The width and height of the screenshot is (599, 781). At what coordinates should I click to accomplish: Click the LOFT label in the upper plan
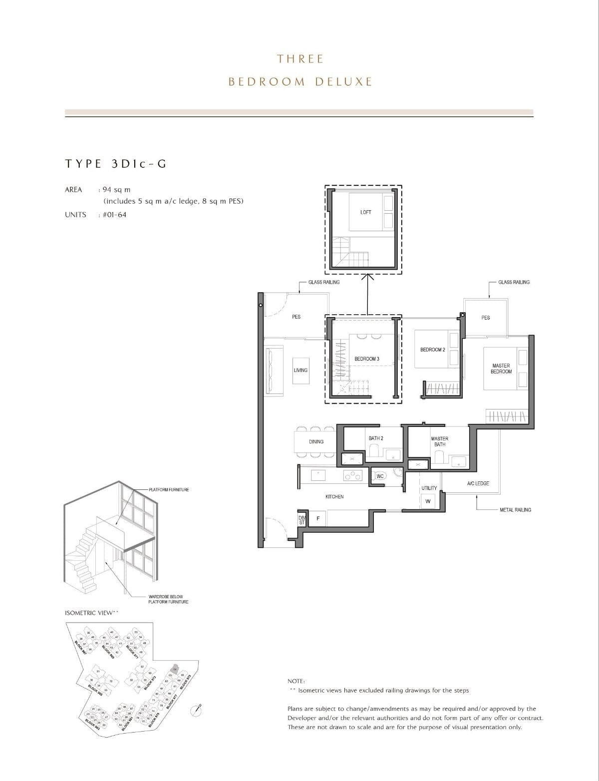(x=365, y=212)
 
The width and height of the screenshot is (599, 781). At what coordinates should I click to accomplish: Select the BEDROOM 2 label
(x=432, y=350)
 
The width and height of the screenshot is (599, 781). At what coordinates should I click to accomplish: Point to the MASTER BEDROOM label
(x=501, y=369)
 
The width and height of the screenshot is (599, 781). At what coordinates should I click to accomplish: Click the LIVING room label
(x=300, y=370)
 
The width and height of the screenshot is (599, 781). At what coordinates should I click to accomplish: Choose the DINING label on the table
(x=316, y=441)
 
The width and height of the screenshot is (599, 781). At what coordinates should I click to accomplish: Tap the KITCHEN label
(x=334, y=496)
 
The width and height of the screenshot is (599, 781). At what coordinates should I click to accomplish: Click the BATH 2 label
(x=376, y=438)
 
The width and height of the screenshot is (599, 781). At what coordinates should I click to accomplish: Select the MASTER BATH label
(x=439, y=441)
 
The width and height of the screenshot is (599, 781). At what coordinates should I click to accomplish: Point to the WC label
(x=380, y=476)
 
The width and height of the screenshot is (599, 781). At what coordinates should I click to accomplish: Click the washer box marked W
(x=428, y=501)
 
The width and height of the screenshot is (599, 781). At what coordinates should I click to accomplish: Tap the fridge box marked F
(x=318, y=519)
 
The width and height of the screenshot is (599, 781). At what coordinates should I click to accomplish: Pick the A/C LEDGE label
(x=478, y=483)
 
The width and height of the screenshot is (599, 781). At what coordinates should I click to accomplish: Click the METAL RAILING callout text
(x=515, y=510)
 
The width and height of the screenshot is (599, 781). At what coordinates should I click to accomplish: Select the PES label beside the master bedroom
(x=485, y=318)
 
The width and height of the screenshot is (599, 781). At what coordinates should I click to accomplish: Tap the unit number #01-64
(x=114, y=215)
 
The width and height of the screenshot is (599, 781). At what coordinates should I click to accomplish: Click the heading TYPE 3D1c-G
(x=115, y=164)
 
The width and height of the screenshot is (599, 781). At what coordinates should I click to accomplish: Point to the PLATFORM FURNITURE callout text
(x=169, y=489)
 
